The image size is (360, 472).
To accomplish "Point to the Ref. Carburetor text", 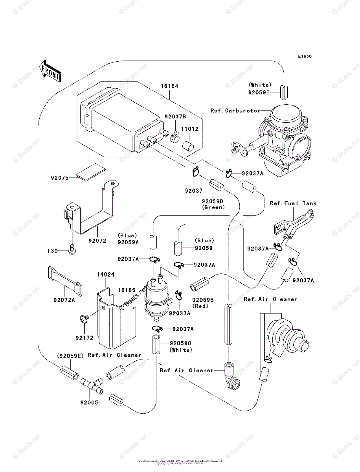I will point(235,111).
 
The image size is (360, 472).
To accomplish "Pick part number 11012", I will point(189,129).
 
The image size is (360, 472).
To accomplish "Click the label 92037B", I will point(175,117).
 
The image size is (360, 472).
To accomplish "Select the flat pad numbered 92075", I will point(91,171).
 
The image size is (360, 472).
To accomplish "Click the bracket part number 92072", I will point(97,240).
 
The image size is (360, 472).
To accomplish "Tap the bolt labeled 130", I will point(72,250).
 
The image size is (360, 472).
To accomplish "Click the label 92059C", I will point(180,343).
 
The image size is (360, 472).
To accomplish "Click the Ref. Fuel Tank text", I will point(293,203).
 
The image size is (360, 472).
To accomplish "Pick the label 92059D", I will point(213,201).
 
